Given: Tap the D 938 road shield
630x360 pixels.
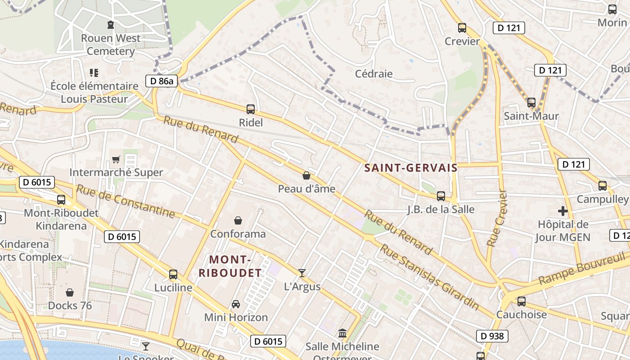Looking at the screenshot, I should point(492,336).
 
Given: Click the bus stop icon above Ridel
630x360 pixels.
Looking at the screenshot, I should point(251,109).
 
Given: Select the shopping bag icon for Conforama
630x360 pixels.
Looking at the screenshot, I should point(238,220).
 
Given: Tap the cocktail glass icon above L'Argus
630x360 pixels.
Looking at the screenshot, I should point(302,273).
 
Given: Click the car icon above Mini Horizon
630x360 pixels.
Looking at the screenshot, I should point(236,304).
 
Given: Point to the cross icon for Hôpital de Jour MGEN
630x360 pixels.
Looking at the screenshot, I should point(562,211).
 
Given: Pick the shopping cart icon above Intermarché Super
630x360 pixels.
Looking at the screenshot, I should point(116,159).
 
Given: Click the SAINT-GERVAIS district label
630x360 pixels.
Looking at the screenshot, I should point(411,168).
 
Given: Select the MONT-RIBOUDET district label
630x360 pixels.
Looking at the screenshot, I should point(230,266).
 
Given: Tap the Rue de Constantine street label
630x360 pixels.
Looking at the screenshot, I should point(125,201).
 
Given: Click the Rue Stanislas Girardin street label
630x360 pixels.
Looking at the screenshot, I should point(429,276).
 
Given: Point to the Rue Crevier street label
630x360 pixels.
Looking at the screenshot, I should point(497,218).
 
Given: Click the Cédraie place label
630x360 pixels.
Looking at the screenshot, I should point(373,74).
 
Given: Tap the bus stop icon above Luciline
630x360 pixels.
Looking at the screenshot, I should point(173,274).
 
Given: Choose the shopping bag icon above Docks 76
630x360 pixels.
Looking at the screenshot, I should point(70,292).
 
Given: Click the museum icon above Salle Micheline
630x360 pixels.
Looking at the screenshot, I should point(342,333).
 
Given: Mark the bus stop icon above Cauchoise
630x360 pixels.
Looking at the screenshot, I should point(522,301).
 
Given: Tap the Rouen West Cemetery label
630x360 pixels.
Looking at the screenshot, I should point(111,45).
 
